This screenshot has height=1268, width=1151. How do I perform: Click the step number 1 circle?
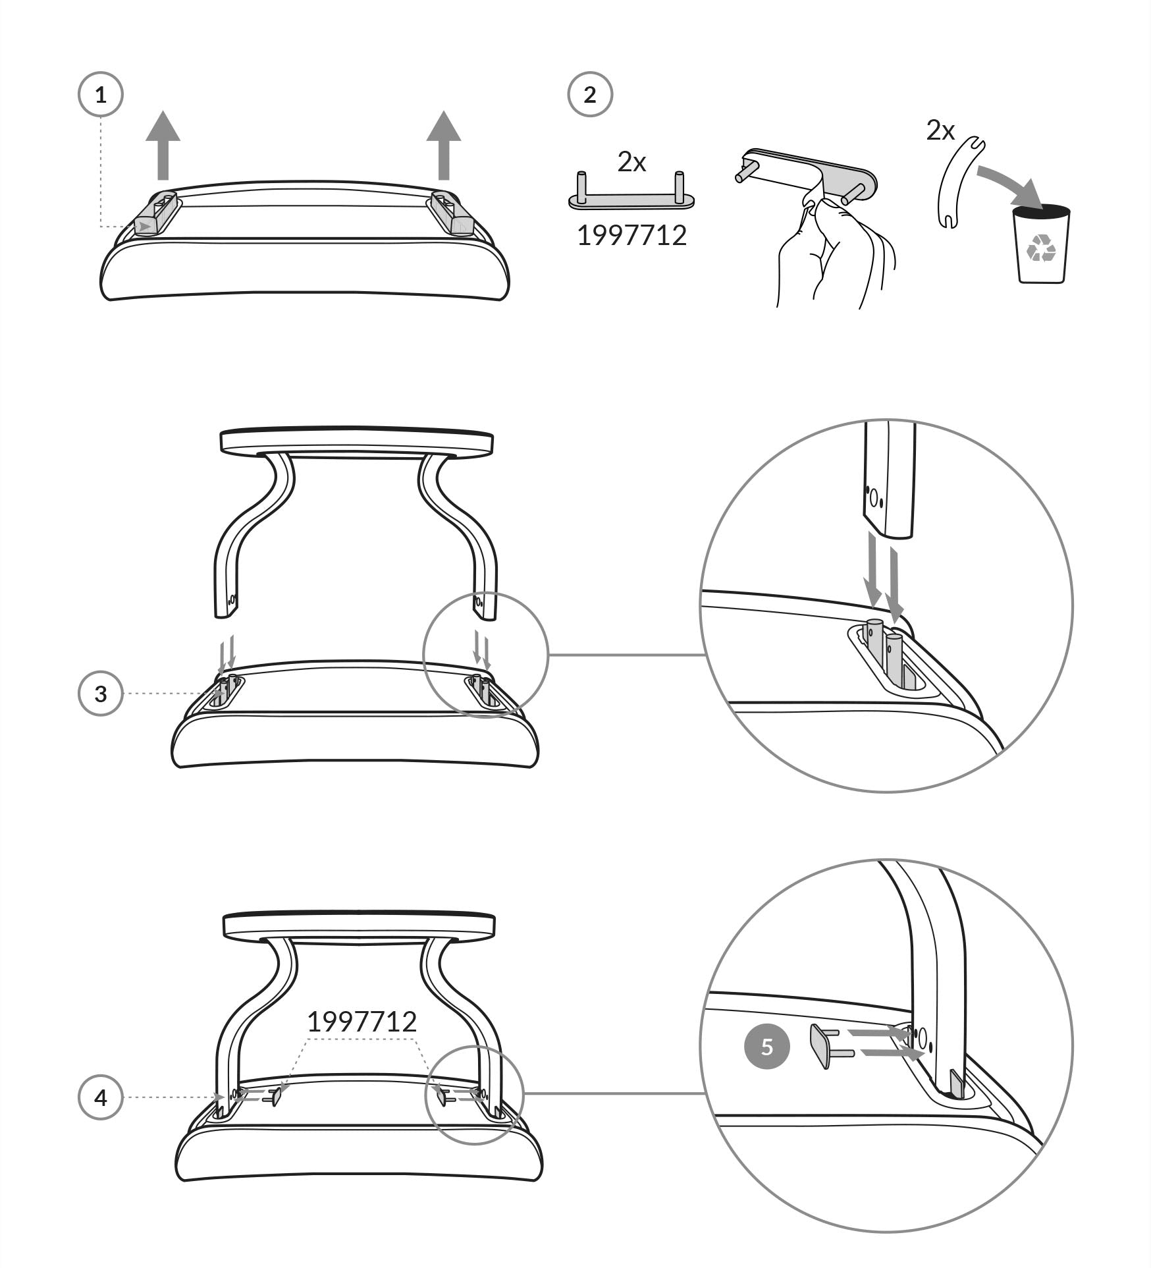(x=101, y=96)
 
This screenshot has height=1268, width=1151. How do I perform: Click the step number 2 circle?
(x=590, y=95)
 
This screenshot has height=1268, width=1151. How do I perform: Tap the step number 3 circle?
(x=101, y=694)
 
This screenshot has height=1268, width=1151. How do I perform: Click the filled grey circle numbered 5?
(x=766, y=1047)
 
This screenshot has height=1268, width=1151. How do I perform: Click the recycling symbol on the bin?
(x=1041, y=248)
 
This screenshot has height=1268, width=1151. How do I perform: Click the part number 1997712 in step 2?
(x=631, y=236)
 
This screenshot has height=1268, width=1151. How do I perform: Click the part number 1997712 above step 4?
(x=362, y=1022)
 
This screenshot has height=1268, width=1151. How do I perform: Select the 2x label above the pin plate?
(x=631, y=162)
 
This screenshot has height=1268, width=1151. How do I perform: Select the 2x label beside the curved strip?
(x=940, y=130)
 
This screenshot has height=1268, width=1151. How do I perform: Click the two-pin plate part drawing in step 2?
(x=631, y=196)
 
